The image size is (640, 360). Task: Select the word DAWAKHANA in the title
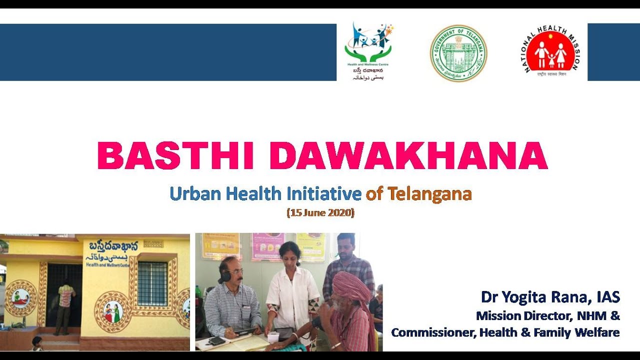click(408, 156)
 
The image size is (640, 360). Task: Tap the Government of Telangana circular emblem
click(458, 53)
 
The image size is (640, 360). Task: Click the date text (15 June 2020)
click(320, 212)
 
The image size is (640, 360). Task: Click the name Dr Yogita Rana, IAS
click(550, 297)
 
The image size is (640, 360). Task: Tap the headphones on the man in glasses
click(225, 275)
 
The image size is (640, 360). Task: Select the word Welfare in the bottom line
click(598, 332)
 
